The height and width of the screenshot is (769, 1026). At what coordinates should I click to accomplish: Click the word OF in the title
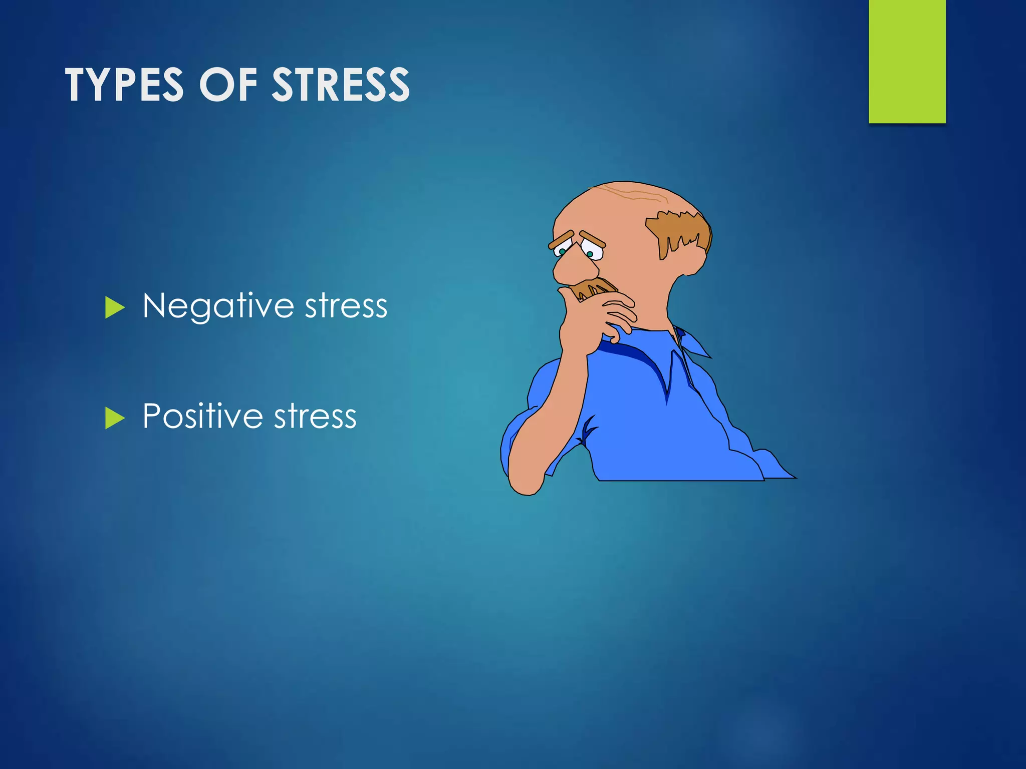(228, 85)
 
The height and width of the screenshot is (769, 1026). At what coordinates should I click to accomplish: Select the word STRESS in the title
(341, 85)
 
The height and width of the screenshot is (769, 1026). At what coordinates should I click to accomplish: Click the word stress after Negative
(346, 306)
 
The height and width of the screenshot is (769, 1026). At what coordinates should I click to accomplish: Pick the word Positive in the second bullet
(202, 416)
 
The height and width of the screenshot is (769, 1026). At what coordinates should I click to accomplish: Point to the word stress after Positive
(315, 416)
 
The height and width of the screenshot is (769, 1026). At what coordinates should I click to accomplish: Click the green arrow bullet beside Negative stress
(115, 307)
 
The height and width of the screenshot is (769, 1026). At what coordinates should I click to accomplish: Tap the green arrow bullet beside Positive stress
(115, 418)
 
